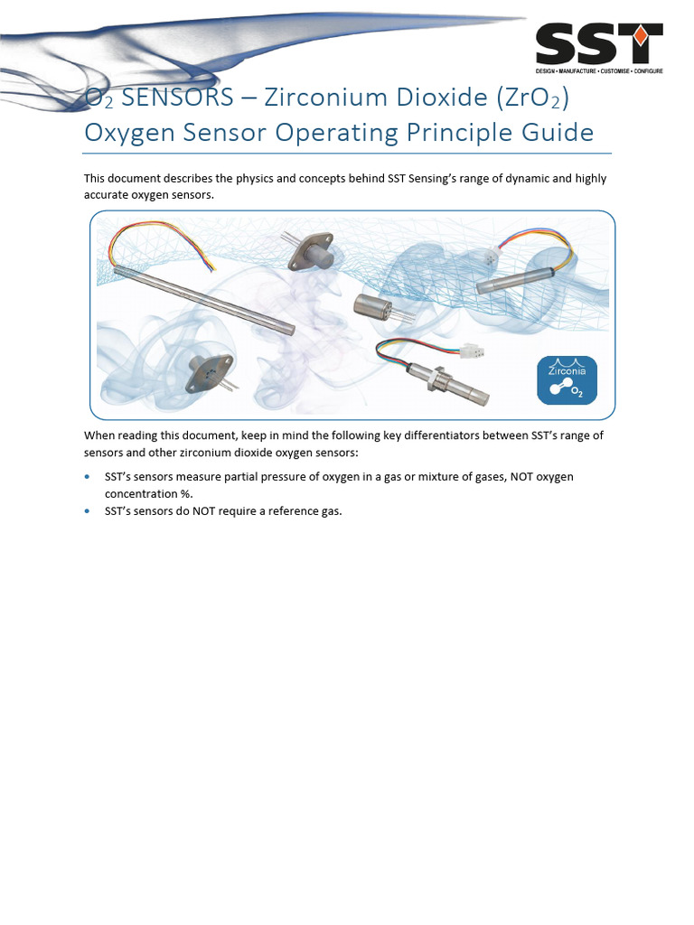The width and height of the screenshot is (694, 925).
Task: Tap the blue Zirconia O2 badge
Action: (567, 379)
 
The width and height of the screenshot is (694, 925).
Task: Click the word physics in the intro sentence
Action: (256, 179)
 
